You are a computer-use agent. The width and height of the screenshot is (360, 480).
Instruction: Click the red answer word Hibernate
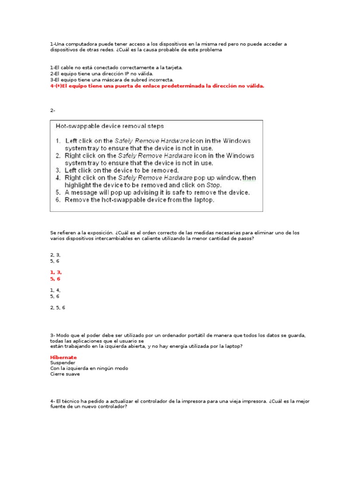coord(63,357)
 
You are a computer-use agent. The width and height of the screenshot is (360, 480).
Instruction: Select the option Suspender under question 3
coord(62,363)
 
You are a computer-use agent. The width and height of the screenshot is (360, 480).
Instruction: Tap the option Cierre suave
coord(65,374)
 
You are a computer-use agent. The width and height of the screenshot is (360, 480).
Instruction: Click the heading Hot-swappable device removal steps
coord(110,126)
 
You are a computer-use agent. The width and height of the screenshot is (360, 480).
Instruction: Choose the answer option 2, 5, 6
coord(58,307)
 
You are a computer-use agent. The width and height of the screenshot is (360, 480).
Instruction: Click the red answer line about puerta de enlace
coord(157,86)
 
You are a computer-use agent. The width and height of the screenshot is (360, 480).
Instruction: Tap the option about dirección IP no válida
coord(101,74)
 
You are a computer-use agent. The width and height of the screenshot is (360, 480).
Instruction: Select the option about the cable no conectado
coord(116,67)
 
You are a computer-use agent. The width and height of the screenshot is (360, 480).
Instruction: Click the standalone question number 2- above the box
coord(52,111)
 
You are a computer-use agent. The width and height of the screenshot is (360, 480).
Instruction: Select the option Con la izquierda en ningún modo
coord(89,368)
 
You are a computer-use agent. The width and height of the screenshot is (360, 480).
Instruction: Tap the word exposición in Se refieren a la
coord(98,232)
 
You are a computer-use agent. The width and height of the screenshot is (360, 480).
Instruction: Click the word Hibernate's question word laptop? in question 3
coord(233,346)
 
